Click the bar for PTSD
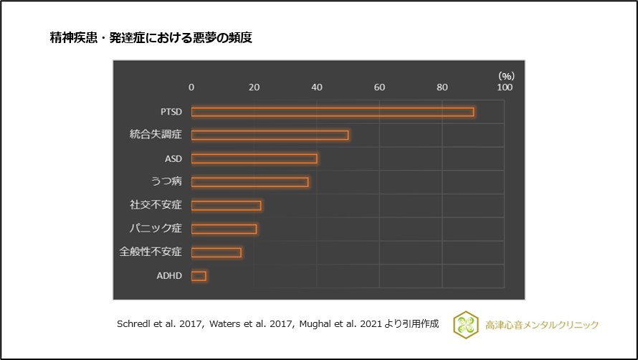(332, 112)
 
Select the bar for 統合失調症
(270, 135)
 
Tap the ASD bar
(254, 158)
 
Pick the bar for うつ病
(249, 182)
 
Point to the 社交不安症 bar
(226, 205)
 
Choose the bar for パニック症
(224, 229)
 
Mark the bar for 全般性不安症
(216, 252)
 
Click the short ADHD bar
(199, 275)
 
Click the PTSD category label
(171, 112)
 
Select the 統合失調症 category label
(156, 135)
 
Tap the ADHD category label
(169, 275)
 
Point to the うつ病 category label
(166, 182)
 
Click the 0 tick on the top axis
(191, 87)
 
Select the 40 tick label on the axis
(317, 87)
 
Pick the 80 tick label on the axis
(442, 87)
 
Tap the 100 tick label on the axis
(505, 87)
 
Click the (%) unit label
(506, 75)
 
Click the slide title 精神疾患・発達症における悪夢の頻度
(151, 38)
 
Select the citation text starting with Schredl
(277, 324)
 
